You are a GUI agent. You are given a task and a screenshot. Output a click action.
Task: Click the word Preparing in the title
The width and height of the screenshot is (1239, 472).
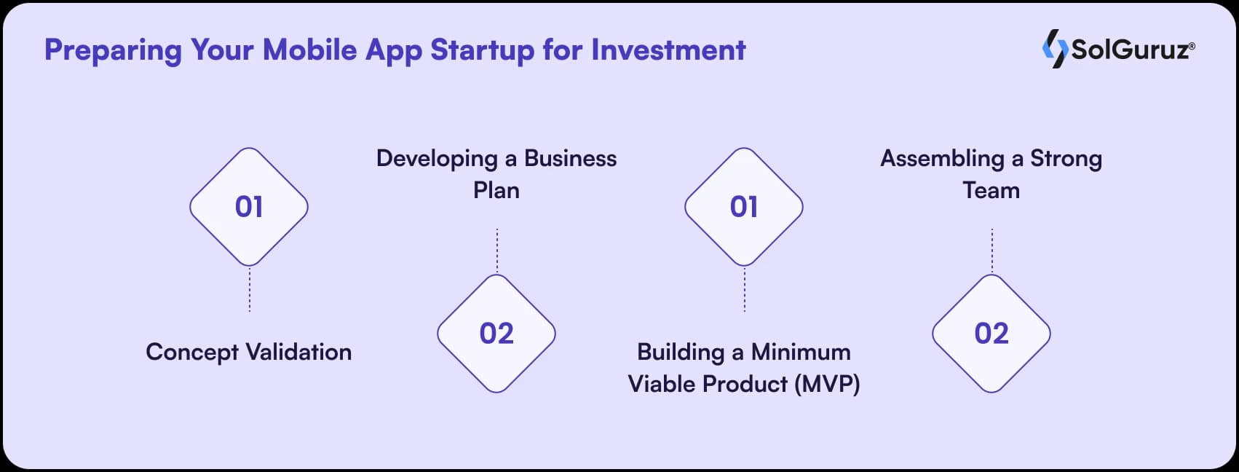pos(113,50)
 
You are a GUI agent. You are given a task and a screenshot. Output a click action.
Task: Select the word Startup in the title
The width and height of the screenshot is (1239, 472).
pos(482,50)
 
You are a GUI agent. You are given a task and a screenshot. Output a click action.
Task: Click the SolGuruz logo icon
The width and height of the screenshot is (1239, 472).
pos(1055,49)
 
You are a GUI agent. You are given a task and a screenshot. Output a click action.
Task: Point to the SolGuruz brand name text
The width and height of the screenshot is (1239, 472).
pos(1131,50)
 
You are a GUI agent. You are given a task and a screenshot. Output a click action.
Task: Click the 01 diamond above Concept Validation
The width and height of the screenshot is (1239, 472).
pos(249,207)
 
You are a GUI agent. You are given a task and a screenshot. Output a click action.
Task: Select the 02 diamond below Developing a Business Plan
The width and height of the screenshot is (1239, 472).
pos(496,334)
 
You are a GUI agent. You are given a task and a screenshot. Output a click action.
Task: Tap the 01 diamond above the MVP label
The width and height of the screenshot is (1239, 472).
pos(744,207)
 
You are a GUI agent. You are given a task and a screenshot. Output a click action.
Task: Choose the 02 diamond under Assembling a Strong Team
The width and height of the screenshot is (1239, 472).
pos(991,334)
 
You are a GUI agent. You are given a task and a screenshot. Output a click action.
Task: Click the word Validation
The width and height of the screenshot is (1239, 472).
pos(298,353)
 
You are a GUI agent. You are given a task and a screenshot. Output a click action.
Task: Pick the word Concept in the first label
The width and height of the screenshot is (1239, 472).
pos(192,353)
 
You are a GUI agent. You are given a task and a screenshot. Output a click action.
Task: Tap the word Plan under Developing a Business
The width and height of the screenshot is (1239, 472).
pos(496,190)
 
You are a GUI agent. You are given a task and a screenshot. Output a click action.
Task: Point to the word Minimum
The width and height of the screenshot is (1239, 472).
pos(801,353)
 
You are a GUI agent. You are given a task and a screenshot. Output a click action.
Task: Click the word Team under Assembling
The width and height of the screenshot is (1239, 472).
pos(991,190)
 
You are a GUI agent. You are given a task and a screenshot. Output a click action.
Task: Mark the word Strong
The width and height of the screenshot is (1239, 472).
pos(1066,159)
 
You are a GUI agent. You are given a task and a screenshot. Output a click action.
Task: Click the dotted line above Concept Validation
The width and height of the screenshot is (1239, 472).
pos(250,289)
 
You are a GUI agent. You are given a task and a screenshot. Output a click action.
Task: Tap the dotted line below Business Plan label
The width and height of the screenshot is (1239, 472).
pos(497,251)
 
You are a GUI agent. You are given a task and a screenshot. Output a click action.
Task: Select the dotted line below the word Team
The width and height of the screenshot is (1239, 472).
pos(992,251)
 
